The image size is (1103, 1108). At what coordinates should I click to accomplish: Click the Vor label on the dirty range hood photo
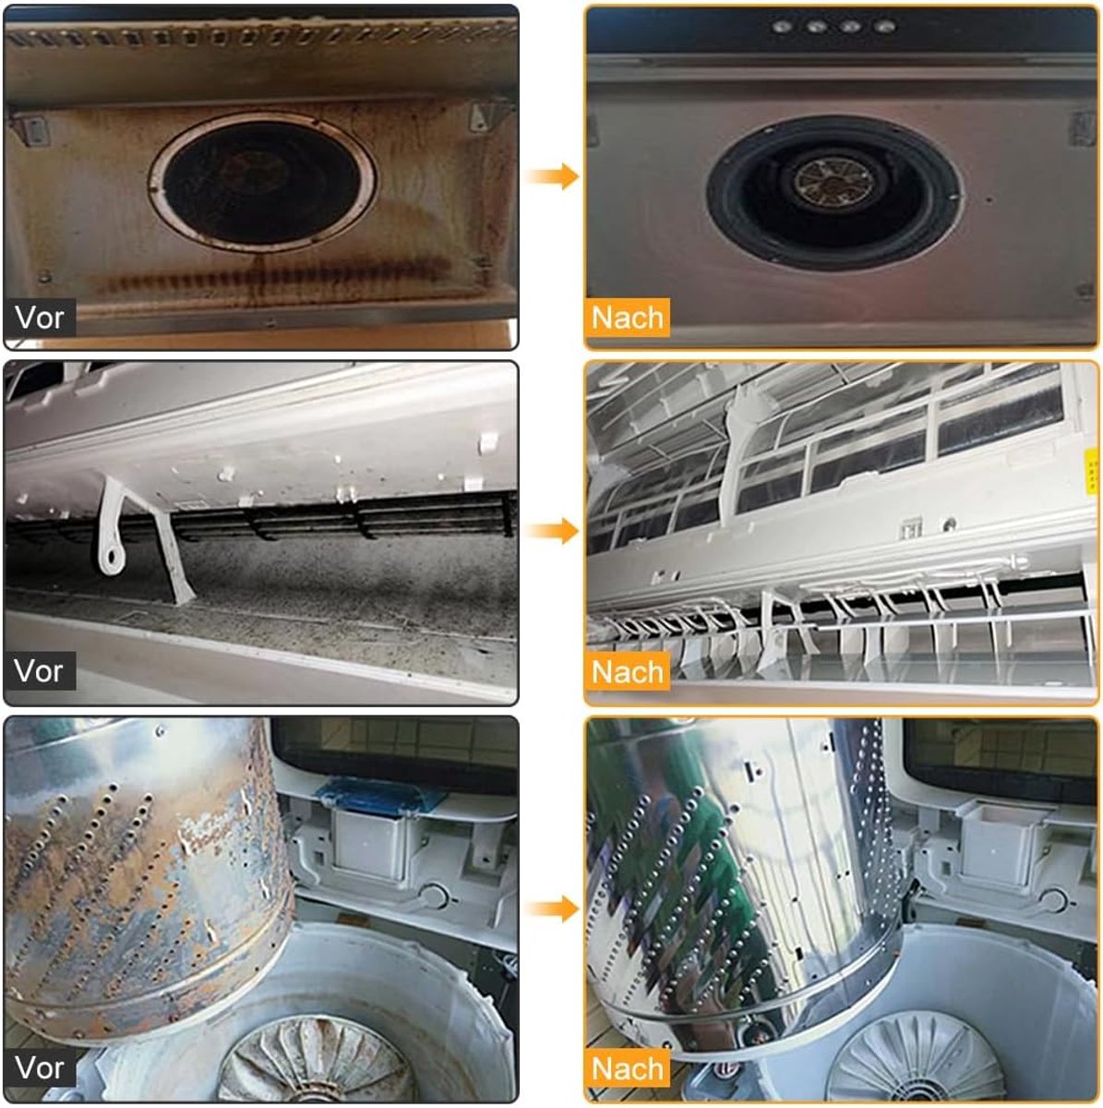coord(40,317)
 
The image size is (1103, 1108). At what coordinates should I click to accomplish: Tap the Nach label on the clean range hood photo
coord(628,318)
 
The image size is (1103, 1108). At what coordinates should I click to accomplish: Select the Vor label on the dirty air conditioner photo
coord(40,670)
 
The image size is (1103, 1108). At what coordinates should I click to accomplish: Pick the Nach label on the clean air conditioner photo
coord(628,671)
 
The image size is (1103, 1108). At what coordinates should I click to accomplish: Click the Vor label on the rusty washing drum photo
coord(40,1067)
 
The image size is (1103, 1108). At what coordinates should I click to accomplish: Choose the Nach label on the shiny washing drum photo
coord(628,1068)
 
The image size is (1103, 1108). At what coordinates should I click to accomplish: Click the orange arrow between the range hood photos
coord(552,176)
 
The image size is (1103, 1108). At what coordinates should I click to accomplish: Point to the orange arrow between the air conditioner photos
coord(552,530)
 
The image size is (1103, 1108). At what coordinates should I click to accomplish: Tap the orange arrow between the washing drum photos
coord(552,909)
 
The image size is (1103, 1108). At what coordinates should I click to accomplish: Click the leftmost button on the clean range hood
coord(781,27)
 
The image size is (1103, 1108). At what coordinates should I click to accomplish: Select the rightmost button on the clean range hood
coord(885,27)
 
